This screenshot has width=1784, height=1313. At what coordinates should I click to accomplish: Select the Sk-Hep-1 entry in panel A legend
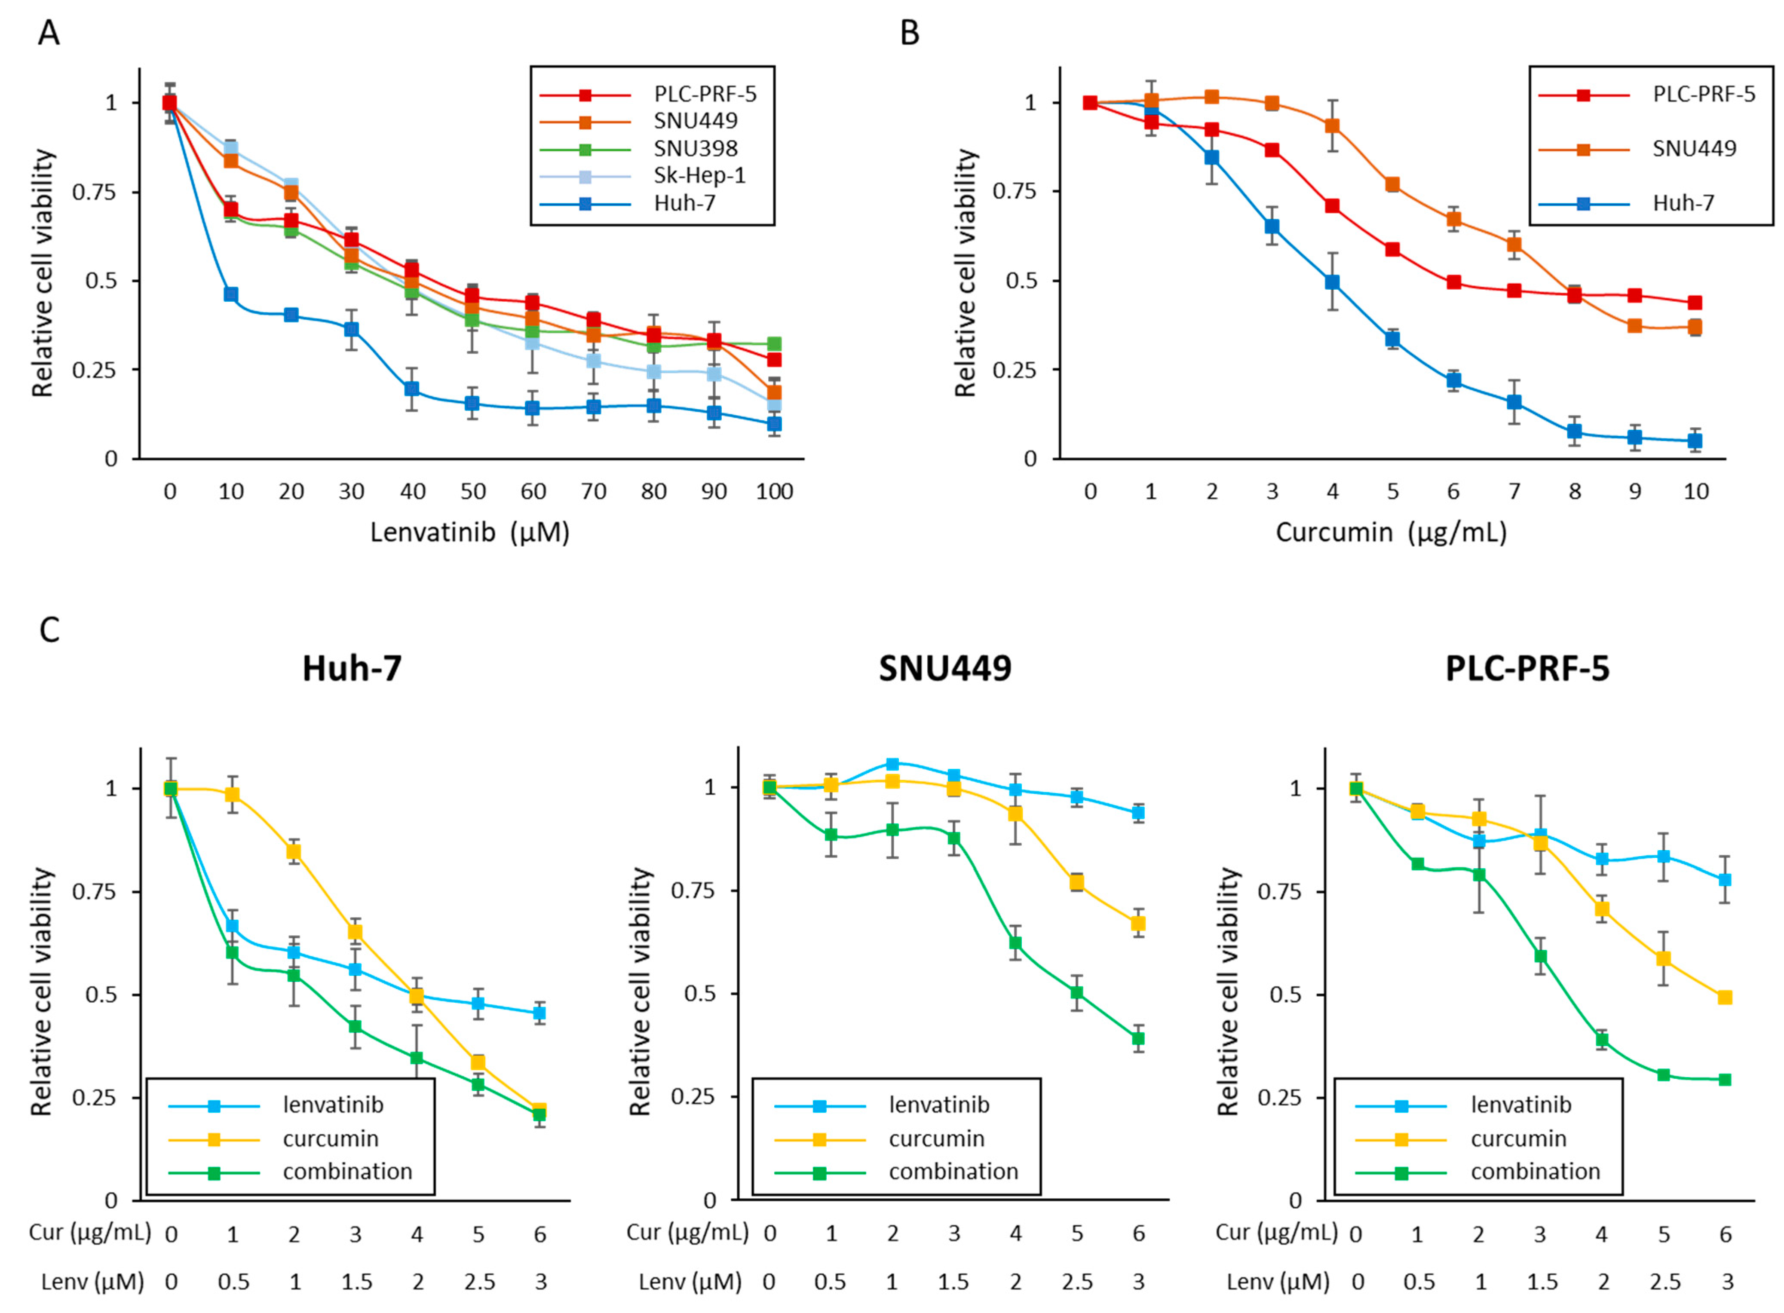point(699,176)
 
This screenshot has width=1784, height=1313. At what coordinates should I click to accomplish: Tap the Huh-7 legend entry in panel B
point(1683,203)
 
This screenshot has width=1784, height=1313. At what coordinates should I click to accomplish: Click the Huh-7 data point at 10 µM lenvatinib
point(230,294)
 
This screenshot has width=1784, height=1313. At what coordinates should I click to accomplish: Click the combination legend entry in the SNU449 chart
point(953,1172)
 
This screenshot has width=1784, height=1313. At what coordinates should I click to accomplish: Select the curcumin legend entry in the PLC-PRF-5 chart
point(1517,1139)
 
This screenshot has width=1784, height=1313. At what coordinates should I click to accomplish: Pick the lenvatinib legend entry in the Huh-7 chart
point(332,1105)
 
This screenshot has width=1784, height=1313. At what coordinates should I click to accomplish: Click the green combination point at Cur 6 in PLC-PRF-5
point(1724,1079)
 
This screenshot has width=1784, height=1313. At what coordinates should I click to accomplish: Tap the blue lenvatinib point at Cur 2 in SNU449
point(892,764)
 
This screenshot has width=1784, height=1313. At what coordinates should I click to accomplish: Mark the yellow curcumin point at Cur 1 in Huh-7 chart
point(232,794)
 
